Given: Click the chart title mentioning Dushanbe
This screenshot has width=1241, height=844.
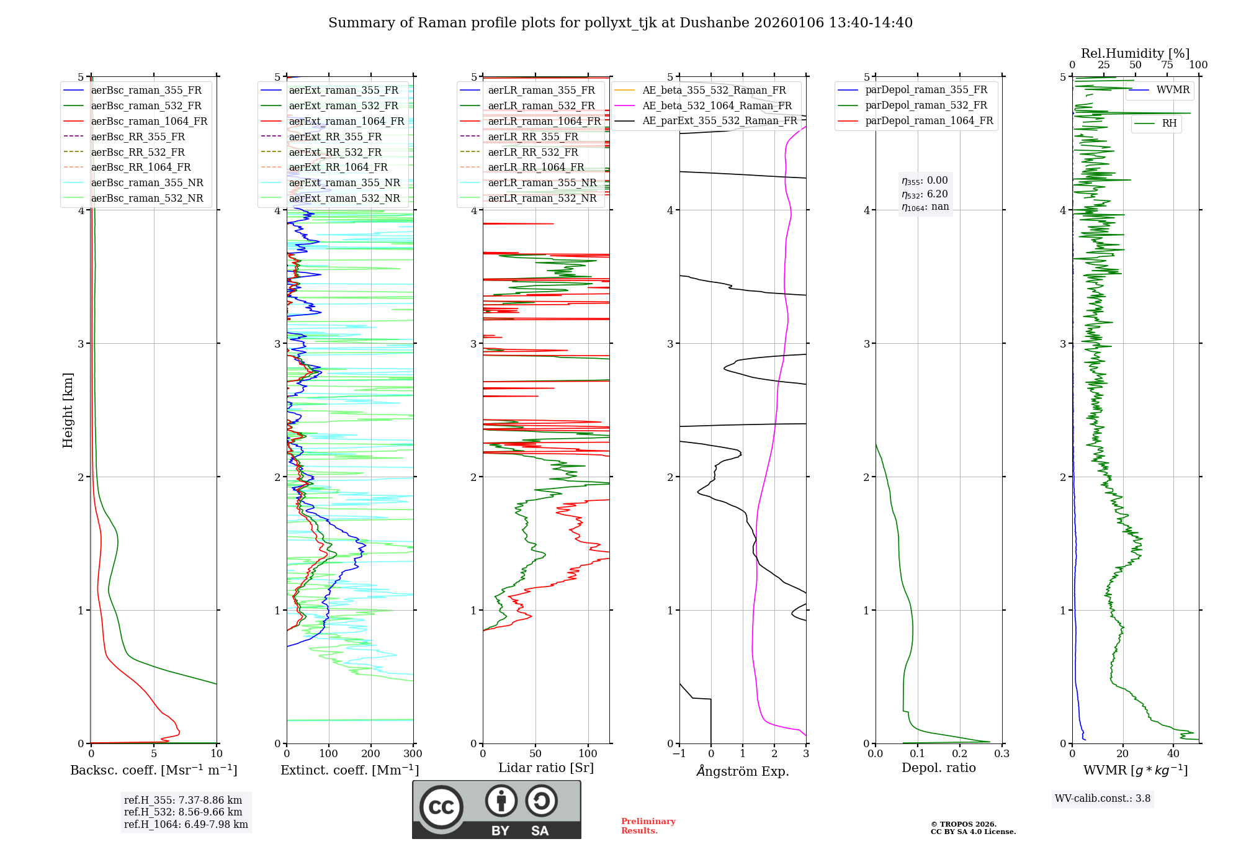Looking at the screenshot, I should click(x=620, y=23).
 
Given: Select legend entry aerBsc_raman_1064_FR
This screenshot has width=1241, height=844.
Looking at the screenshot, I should click(x=149, y=121).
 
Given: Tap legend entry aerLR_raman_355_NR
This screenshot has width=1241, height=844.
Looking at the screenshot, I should click(x=542, y=182).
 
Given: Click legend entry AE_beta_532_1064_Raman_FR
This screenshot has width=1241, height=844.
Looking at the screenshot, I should click(x=717, y=105).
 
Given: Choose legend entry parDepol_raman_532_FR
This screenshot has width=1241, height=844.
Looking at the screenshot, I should click(x=926, y=105).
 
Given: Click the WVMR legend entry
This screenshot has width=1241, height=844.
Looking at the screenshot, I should click(x=1173, y=90).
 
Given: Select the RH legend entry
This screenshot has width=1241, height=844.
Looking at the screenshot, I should click(x=1169, y=123).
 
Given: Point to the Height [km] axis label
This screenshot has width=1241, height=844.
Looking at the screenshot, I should click(x=68, y=410).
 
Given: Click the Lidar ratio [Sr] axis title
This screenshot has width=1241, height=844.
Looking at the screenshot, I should click(x=546, y=768).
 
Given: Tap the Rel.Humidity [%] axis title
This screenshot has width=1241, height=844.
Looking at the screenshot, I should click(x=1135, y=53).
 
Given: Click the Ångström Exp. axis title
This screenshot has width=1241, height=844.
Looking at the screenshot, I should click(x=743, y=771).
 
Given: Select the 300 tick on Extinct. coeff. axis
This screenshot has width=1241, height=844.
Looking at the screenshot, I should click(x=413, y=754).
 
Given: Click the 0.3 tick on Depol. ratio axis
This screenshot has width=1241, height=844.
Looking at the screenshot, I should click(x=1001, y=754).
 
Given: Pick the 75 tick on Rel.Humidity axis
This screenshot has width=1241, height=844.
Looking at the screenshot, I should click(x=1167, y=65).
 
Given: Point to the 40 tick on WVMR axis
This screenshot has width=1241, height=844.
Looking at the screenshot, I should click(x=1173, y=754).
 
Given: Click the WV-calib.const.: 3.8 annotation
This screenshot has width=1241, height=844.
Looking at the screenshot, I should click(x=1103, y=799).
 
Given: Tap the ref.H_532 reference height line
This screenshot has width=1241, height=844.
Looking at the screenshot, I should click(x=183, y=812).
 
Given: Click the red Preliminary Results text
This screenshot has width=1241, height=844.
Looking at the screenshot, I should click(x=648, y=826).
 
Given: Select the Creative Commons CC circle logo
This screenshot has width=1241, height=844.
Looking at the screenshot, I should click(x=441, y=807).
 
